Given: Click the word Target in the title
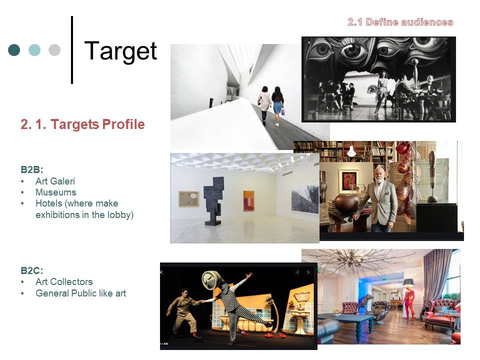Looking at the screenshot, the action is point(120,51).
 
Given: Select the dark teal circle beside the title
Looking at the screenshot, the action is point(14,50).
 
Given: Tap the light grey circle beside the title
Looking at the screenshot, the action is point(54,50).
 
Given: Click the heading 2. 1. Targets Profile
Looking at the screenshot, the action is point(82,124).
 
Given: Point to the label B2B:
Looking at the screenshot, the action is point(32,169).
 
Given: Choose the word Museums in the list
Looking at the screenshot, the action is point(55,192).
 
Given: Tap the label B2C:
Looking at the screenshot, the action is point(32,270).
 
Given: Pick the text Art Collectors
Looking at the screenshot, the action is point(64,281).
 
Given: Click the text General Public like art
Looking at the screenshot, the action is point(81,293).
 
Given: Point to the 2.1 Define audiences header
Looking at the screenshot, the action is point(400,22).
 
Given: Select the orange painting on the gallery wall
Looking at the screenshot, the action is point(248,200).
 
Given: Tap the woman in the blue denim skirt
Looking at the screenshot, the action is point(277,105).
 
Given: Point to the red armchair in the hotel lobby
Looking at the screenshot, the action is point(441,316).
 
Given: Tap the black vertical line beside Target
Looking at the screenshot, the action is point(72,50).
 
